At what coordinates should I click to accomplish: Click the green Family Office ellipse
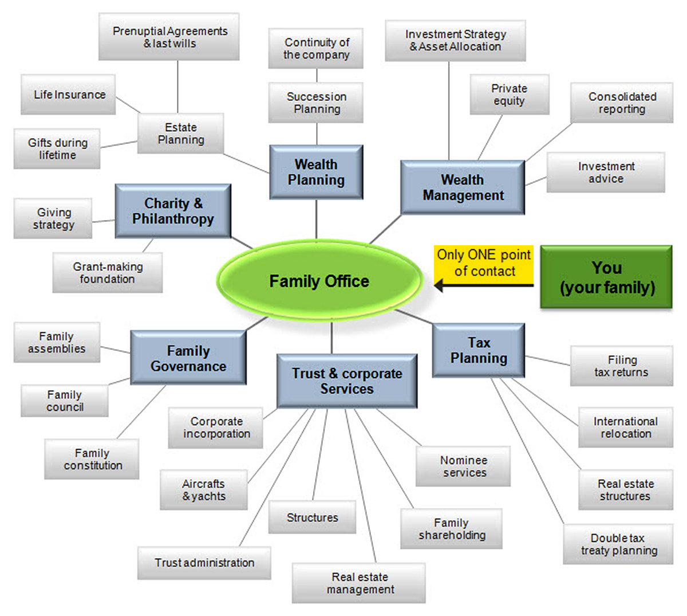319,281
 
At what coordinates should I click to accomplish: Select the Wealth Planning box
316,172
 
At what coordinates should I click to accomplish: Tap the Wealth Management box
463,187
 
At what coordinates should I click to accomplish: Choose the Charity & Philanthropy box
173,211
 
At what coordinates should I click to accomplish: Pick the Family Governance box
188,358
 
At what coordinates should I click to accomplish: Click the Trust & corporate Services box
347,381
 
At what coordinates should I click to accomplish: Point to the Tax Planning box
479,350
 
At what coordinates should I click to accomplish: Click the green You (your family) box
606,277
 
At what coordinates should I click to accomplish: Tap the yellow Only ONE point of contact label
484,263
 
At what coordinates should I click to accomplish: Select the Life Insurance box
69,95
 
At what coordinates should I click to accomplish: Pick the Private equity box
509,95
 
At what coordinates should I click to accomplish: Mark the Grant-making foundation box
108,273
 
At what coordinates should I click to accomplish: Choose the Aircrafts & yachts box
204,490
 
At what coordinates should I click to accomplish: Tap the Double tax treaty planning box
618,544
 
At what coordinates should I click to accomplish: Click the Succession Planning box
317,103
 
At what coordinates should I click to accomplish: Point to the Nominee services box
464,466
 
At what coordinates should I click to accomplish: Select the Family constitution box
92,459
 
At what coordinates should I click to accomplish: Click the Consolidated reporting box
622,103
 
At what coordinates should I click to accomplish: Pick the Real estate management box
360,583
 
